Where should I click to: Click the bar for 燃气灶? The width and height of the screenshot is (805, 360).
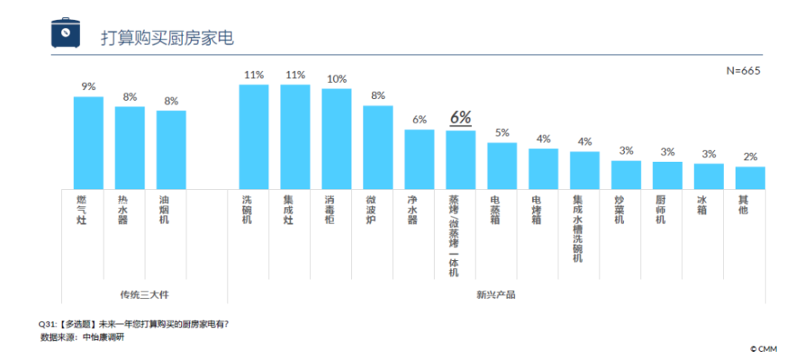point(89,143)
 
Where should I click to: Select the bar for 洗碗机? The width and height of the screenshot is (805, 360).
point(254,137)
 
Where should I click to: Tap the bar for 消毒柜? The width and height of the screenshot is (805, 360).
point(336,139)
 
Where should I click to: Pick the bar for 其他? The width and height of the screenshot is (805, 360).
point(750,178)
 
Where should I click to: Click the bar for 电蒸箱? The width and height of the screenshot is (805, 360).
point(502,166)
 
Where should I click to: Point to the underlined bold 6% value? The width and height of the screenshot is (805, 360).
point(460,118)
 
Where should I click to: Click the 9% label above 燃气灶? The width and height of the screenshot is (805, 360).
point(89,87)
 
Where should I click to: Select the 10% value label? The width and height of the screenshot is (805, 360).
point(336,79)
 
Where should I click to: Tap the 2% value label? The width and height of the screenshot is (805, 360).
point(750,157)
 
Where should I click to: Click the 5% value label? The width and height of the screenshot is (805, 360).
point(502,133)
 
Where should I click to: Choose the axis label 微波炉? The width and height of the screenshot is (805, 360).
point(372,209)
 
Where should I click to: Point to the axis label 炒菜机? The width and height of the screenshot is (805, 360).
point(619,209)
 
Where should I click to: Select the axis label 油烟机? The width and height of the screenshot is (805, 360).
point(164,209)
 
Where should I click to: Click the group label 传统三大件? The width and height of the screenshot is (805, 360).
point(144,296)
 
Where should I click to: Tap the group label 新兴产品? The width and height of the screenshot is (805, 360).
point(496,296)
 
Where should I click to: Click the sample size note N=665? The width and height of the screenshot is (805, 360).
point(743,71)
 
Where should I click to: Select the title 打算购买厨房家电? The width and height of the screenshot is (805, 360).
point(167,39)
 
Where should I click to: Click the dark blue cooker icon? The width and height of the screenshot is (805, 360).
point(66,32)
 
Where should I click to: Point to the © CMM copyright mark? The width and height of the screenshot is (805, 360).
point(763,350)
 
